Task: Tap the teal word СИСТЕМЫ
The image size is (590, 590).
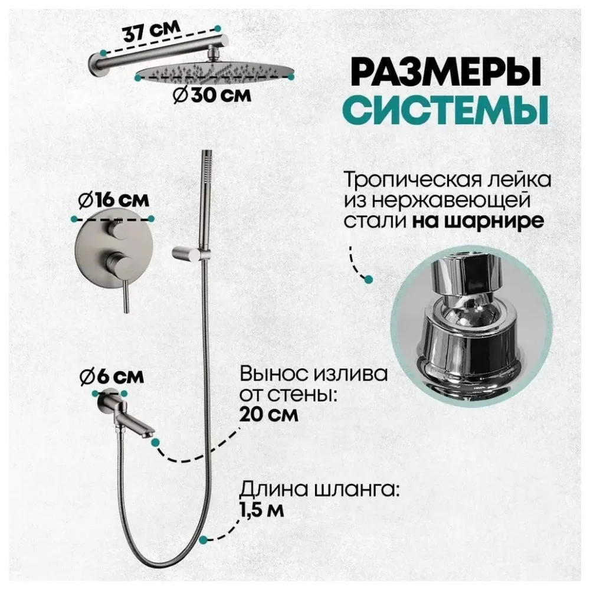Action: click(x=439, y=110)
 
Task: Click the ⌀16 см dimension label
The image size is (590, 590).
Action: click(x=112, y=201)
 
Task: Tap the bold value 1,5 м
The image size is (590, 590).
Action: click(x=262, y=509)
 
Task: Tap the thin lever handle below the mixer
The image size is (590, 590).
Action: click(x=125, y=298)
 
